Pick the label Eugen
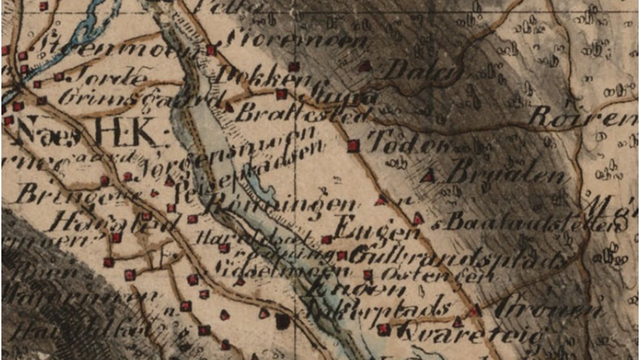[x=377, y=230]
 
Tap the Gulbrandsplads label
[x=457, y=258]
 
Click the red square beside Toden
[x=353, y=146]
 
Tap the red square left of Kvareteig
[x=382, y=329]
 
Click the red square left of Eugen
[x=326, y=239]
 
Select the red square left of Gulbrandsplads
[x=341, y=255]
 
